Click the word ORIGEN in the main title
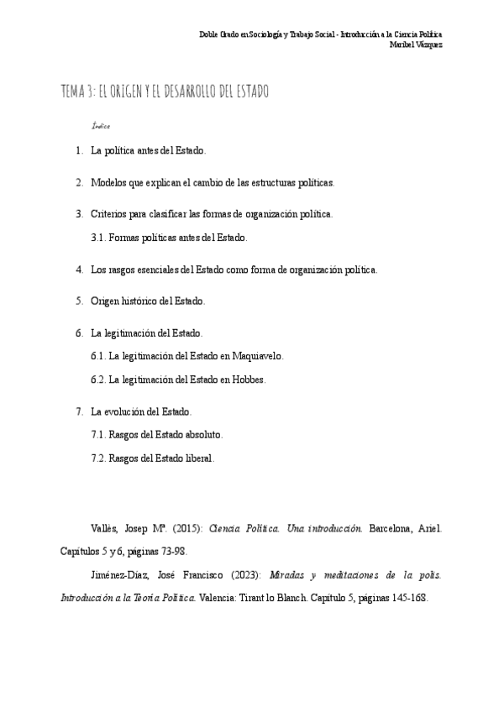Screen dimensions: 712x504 [139, 91]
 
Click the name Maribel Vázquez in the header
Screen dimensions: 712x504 [417, 44]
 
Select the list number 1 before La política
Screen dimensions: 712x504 [78, 151]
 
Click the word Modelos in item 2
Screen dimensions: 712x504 [109, 182]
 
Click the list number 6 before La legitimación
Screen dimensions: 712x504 [78, 332]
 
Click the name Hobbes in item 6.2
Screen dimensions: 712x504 [249, 380]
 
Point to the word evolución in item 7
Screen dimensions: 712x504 [126, 411]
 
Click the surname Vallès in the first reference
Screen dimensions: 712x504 [105, 529]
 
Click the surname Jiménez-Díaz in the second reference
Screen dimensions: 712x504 [118, 577]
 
